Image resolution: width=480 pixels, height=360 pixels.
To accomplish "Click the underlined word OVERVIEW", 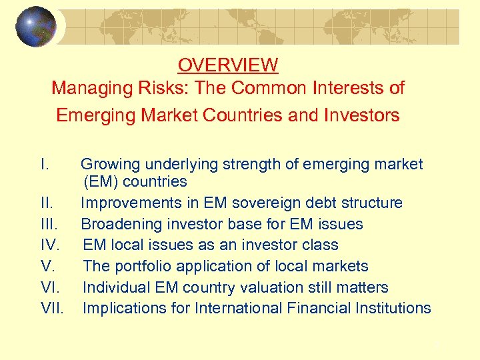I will coord(227,65).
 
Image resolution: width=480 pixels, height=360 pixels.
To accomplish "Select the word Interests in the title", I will coord(339,88).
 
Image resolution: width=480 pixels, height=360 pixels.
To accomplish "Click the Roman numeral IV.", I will coord(49,245).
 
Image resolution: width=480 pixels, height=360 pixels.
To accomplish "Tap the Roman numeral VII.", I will coord(52,308).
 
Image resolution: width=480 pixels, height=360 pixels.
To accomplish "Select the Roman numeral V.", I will coord(47,266).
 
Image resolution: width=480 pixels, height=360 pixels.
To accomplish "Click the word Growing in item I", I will coord(111,164).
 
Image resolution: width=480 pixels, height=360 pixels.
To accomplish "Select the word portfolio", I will coord(140,266).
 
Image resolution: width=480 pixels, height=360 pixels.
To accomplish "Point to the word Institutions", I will coord(394,308).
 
